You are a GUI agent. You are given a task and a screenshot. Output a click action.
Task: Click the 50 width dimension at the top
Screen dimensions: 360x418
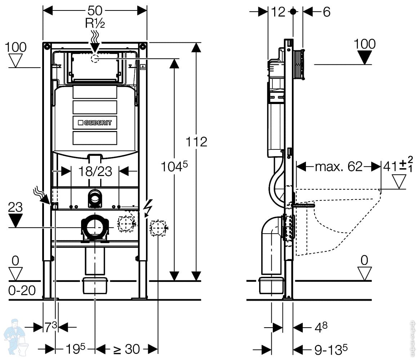point(95,10)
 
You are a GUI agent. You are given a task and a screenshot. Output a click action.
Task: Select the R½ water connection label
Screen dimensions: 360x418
point(95,23)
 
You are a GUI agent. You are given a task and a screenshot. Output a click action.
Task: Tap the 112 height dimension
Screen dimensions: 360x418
point(196,141)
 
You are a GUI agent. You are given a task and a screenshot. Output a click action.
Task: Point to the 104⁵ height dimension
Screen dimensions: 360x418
point(175,167)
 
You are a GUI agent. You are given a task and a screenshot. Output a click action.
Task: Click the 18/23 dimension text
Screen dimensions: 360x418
point(95,171)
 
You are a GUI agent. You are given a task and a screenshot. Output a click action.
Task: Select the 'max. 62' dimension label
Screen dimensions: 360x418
point(338,167)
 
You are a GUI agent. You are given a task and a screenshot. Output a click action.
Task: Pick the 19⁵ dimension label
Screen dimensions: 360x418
point(75,348)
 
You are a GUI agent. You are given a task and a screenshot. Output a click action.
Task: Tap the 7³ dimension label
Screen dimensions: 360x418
point(51,327)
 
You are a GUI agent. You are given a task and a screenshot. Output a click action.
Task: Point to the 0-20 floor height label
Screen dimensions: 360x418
point(22,290)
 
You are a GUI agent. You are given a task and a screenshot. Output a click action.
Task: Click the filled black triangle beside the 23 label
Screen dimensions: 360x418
point(15,220)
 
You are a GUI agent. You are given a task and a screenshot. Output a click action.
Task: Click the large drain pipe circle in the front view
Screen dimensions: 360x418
point(95,227)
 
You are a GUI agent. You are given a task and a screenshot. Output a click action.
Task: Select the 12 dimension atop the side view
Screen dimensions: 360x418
point(278,12)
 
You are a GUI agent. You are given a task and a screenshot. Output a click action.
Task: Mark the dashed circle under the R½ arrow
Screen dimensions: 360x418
point(95,59)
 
